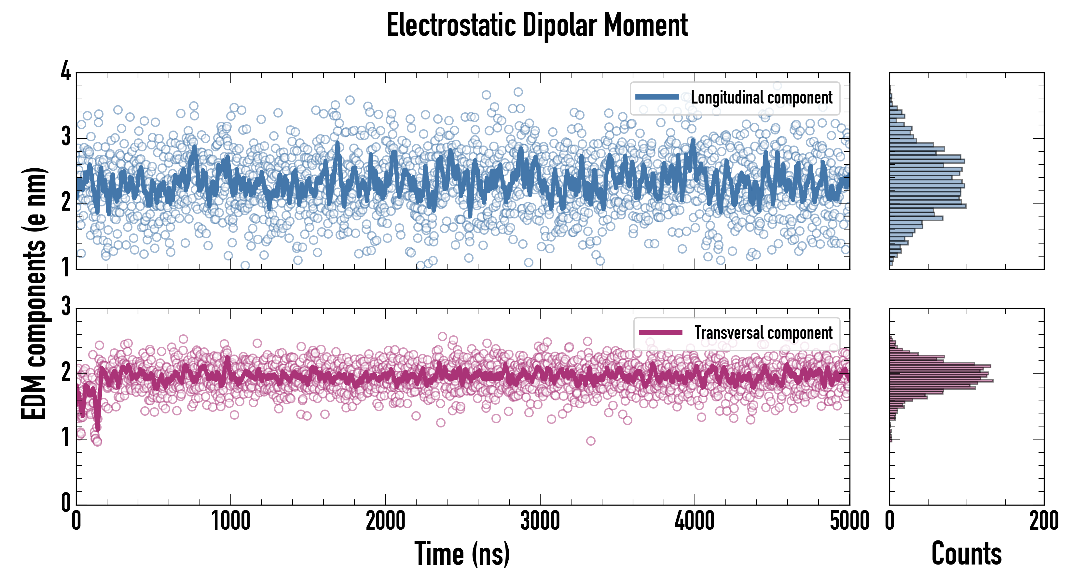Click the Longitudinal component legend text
point(761,98)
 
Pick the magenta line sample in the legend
point(660,333)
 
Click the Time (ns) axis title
point(462,553)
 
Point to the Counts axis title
point(966,553)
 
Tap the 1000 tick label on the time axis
point(230,521)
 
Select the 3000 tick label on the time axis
point(540,521)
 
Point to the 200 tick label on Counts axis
point(1043,521)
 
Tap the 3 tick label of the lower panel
point(66,307)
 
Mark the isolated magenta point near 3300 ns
point(590,441)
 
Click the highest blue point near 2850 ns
point(518,92)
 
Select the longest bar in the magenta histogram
point(942,380)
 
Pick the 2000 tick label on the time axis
point(385,521)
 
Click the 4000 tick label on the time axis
point(695,521)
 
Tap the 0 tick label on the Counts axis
point(890,521)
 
